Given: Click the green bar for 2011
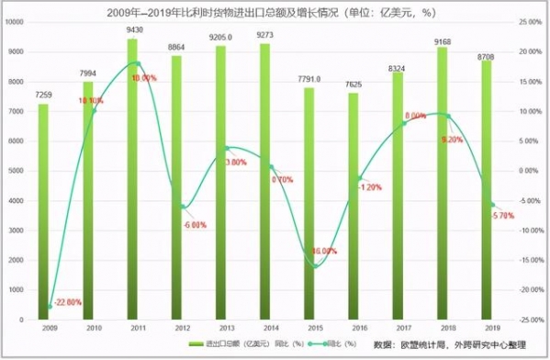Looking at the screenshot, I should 132,184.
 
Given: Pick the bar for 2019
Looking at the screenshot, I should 486,193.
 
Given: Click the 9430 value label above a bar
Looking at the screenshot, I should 133,30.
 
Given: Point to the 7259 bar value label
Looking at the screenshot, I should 43,95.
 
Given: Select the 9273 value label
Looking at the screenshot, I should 264,35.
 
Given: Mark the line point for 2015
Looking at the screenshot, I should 316,266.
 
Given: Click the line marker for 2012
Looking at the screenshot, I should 184,207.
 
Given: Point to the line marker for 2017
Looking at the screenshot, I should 404,123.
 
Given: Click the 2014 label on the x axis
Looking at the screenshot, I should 264,326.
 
